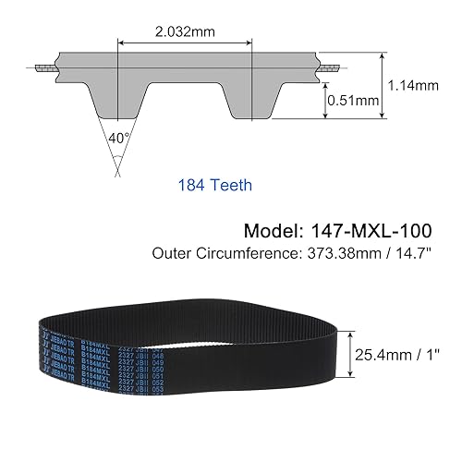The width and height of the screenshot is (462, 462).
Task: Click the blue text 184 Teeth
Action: (x=213, y=184)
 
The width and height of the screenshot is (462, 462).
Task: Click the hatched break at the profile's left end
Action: (x=44, y=69)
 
